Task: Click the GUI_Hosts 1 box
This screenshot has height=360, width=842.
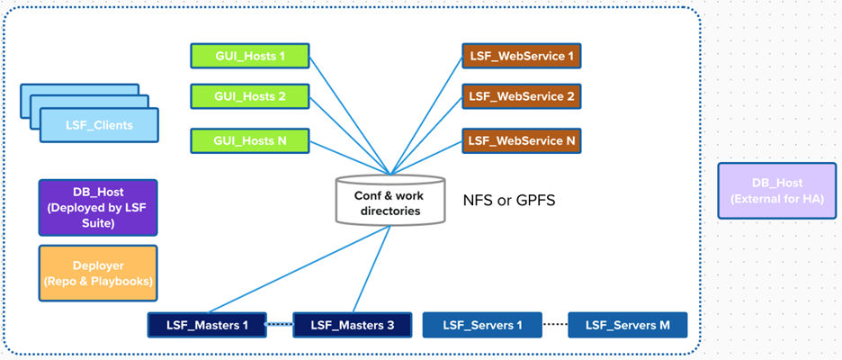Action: tap(250, 56)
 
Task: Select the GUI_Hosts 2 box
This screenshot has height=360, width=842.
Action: tap(250, 97)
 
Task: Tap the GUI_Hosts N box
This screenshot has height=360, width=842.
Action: tap(250, 140)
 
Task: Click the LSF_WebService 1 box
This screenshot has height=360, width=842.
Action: tap(521, 56)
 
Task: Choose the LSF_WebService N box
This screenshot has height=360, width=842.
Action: tap(521, 140)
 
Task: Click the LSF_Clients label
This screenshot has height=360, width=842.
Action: tap(99, 125)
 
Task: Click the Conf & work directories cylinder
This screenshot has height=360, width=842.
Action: tap(390, 200)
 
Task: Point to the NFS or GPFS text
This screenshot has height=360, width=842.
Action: tap(508, 200)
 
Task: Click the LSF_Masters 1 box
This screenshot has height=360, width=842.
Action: tap(206, 324)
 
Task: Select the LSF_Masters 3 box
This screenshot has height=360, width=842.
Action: tap(352, 324)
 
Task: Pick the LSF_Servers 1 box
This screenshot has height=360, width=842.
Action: tap(482, 324)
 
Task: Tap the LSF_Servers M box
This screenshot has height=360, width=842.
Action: tap(627, 324)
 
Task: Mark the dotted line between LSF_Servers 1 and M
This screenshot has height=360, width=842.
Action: tap(554, 324)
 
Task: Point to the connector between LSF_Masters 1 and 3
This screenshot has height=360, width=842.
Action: tap(279, 324)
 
